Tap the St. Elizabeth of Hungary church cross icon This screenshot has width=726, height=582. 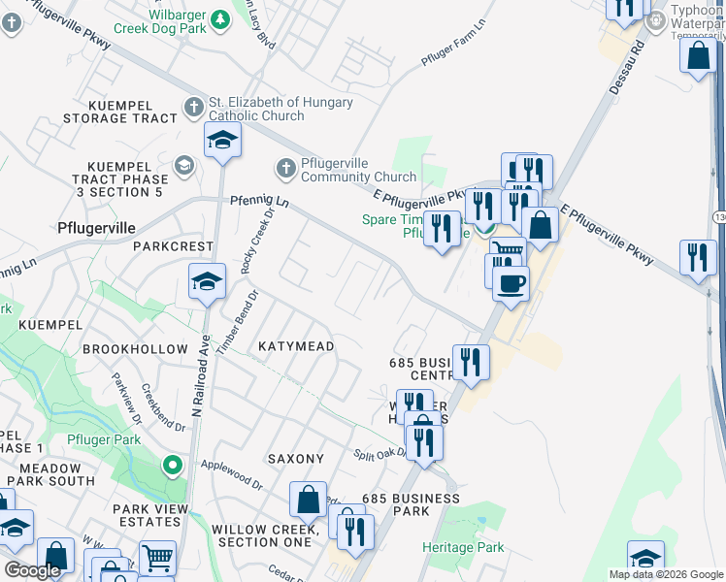tap(194, 107)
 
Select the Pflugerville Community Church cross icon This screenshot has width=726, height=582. tap(285, 168)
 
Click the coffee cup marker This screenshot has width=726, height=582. tap(510, 282)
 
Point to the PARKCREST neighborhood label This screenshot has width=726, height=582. tap(172, 246)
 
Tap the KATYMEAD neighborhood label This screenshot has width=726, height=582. tap(296, 346)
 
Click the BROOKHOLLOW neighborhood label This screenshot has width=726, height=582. tap(135, 348)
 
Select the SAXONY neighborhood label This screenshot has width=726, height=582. tap(295, 459)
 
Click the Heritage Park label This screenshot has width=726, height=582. tap(463, 547)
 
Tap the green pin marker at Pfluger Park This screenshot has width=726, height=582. tap(173, 466)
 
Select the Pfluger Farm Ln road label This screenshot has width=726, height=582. tap(452, 47)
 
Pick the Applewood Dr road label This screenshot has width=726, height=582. tap(231, 473)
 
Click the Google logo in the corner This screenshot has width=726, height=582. tap(33, 570)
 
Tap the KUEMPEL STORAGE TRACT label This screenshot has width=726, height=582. tap(120, 111)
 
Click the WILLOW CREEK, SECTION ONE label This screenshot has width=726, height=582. tap(264, 535)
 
